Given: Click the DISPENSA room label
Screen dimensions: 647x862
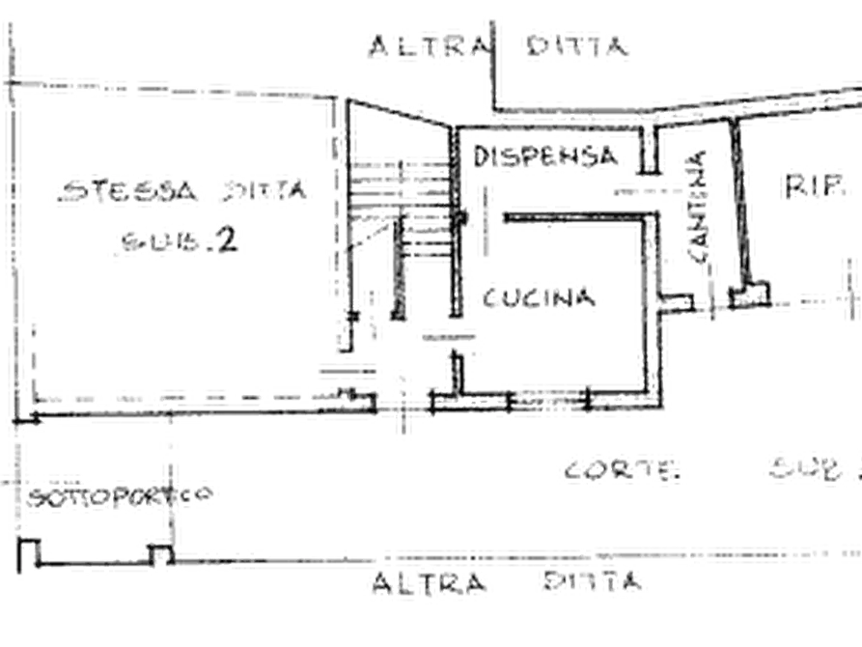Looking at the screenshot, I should click(545, 154).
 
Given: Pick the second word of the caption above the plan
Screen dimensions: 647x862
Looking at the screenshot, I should click(576, 45).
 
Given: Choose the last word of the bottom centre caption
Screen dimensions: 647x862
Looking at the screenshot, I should click(591, 581).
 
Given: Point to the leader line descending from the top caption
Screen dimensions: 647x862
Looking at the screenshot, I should click(495, 72).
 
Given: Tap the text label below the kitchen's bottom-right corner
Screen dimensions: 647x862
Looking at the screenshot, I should click(616, 470).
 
